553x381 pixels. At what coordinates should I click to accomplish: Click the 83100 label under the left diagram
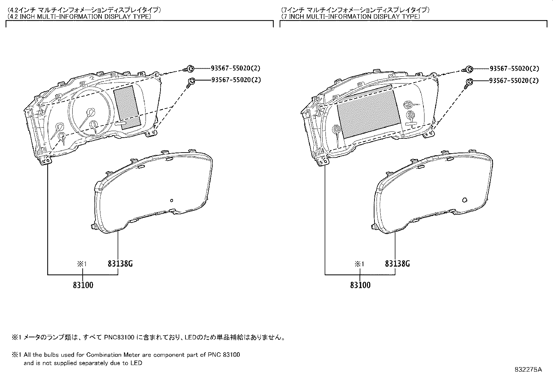(x=83, y=285)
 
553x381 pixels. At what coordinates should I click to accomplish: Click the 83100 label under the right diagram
(x=361, y=285)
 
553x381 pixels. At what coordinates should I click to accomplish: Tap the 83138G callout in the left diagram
(x=120, y=264)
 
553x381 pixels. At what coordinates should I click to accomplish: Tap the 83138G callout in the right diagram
(x=397, y=264)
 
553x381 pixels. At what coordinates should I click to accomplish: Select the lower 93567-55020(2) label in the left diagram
(x=236, y=80)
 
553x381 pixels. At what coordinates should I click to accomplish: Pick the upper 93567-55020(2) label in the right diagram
(x=514, y=69)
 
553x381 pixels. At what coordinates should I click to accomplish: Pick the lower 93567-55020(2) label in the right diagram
(x=514, y=80)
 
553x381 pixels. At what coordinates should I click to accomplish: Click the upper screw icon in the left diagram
(x=190, y=68)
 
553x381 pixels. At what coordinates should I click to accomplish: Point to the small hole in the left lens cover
(x=171, y=200)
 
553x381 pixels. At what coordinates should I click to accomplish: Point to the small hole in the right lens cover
(x=465, y=200)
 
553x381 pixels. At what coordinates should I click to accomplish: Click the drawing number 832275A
(x=528, y=370)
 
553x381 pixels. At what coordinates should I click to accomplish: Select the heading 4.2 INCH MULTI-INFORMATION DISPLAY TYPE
(x=79, y=17)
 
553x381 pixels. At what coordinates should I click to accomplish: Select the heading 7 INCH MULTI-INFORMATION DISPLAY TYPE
(x=351, y=17)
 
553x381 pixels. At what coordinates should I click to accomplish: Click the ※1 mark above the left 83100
(x=82, y=264)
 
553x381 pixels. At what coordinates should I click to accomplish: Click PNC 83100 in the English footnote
(x=224, y=355)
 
